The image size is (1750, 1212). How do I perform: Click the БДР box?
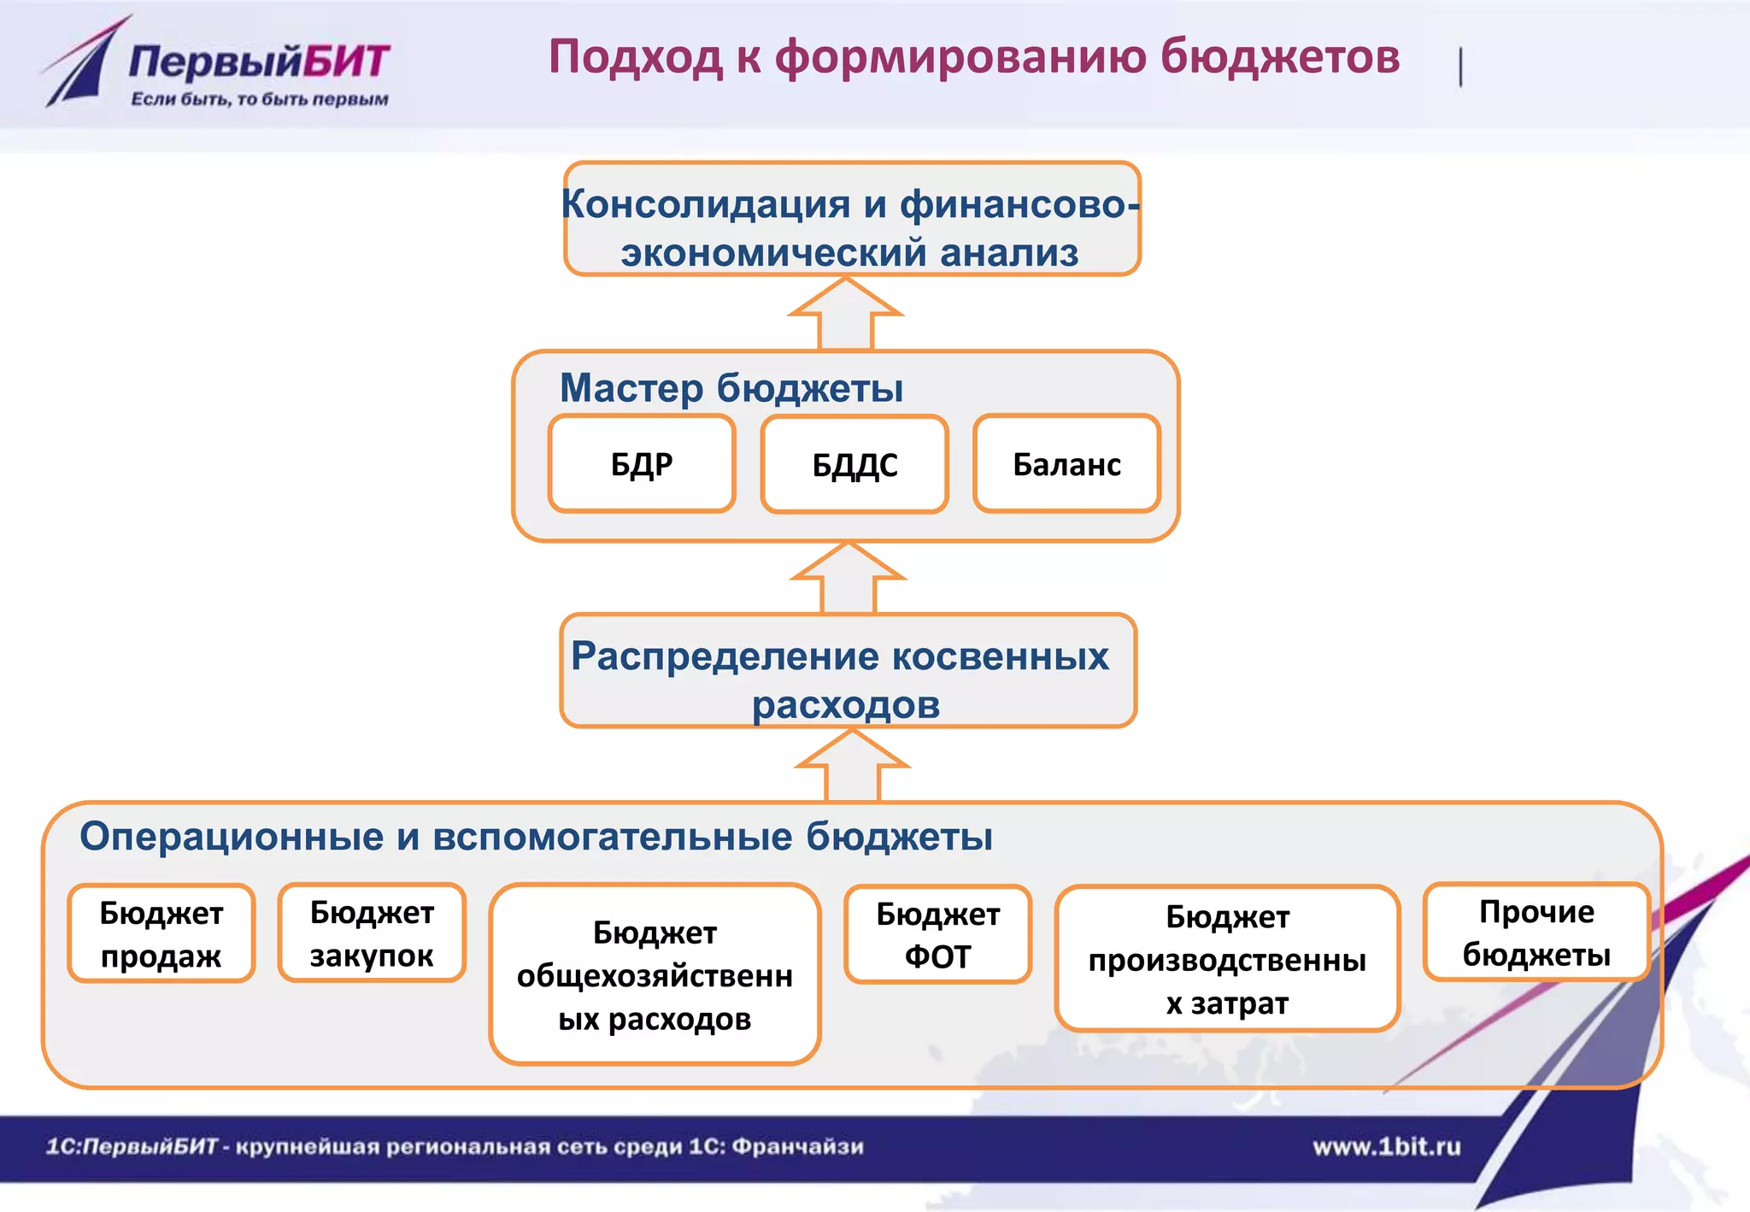tap(642, 464)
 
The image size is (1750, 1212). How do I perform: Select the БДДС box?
tap(854, 465)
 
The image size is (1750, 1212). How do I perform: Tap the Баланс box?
tap(1066, 464)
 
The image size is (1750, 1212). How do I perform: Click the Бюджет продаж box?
tap(161, 933)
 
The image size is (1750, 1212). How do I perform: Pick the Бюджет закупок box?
tap(372, 933)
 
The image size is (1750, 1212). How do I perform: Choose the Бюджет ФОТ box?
tap(937, 934)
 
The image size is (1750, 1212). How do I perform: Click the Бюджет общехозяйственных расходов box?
tap(655, 974)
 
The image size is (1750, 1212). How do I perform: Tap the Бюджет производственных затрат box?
tap(1227, 958)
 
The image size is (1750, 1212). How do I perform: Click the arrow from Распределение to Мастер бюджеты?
tap(848, 578)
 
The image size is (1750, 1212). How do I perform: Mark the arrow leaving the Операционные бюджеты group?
tap(852, 766)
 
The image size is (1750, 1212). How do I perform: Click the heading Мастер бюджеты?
tap(731, 388)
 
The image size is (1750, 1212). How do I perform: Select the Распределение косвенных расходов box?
tap(848, 671)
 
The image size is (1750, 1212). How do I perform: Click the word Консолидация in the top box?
tap(705, 204)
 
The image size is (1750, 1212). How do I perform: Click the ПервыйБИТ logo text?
tap(259, 62)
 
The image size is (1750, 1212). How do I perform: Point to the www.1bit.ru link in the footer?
tap(1386, 1146)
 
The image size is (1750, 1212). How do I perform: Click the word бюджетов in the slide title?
tap(1279, 57)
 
